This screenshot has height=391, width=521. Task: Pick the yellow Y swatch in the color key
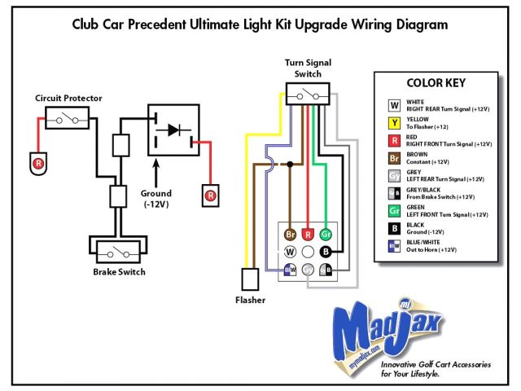393,124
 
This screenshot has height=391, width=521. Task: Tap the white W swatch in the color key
393,103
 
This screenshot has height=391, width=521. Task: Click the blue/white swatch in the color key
393,246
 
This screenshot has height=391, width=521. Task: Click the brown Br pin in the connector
289,235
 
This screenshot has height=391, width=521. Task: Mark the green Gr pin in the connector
326,235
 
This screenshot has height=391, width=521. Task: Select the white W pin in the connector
289,253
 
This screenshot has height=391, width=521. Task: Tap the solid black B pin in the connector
326,253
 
